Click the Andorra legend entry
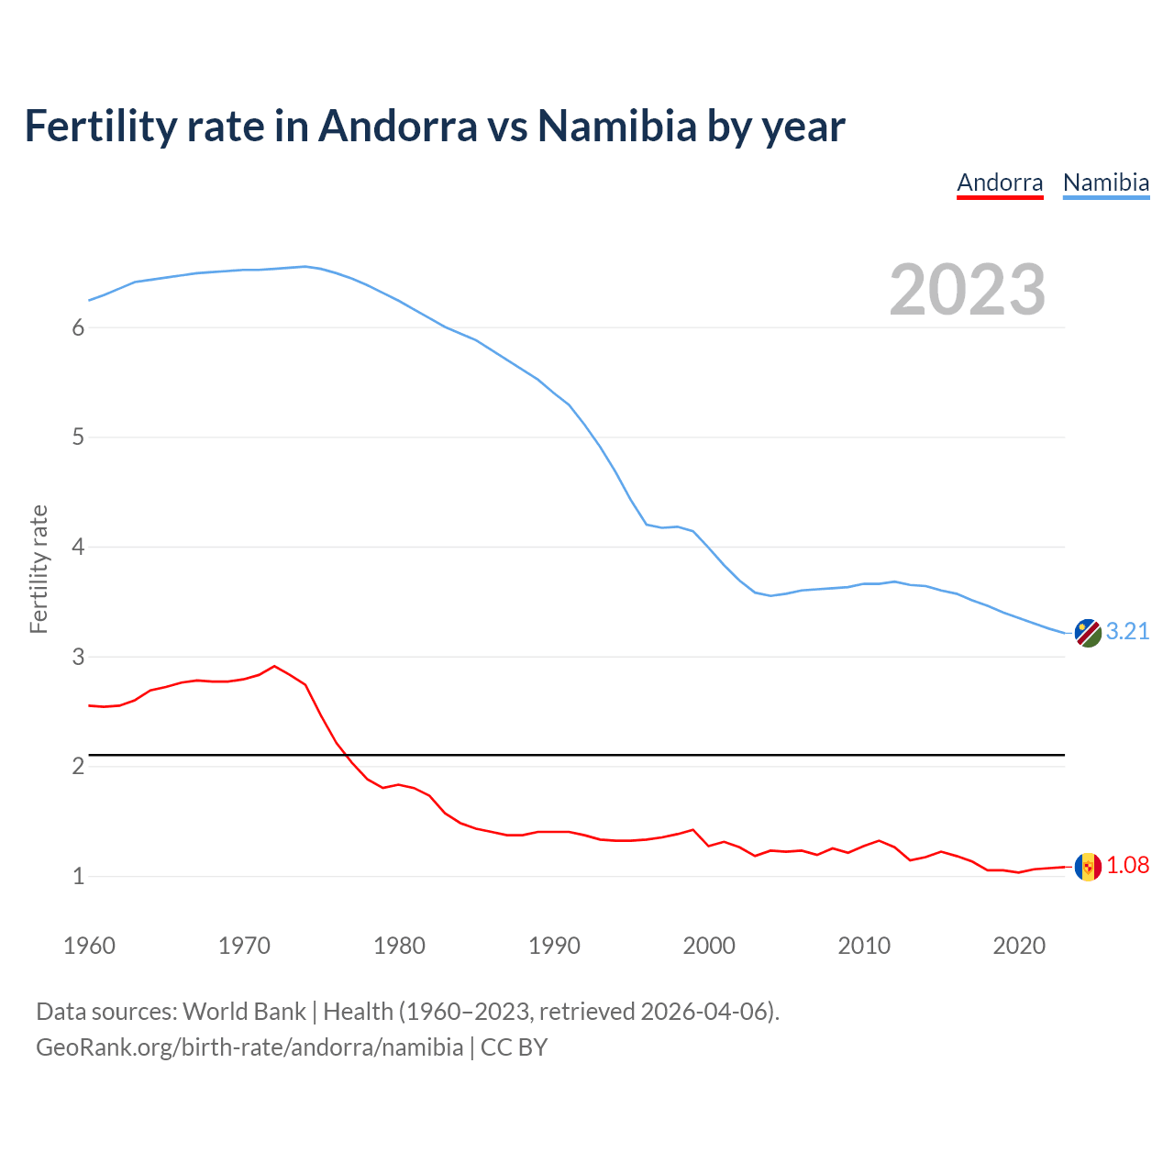coord(1000,183)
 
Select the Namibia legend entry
coord(1105,183)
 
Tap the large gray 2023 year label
coord(968,290)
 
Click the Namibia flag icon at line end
coord(1088,633)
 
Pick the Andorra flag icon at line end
coord(1088,867)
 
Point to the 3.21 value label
coord(1127,632)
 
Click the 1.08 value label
coord(1127,866)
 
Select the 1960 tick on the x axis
coord(89,946)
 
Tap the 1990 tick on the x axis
coord(554,946)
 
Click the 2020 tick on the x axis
coord(1019,946)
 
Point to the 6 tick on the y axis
coord(78,328)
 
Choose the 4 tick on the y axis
coord(78,548)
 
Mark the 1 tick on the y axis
coord(78,877)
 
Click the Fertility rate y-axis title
coord(39,569)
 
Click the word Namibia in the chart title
coord(617,126)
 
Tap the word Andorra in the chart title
coord(397,126)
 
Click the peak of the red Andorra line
coord(274,666)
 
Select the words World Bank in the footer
coord(244,1012)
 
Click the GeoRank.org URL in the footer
coord(249,1047)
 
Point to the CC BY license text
coord(514,1047)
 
